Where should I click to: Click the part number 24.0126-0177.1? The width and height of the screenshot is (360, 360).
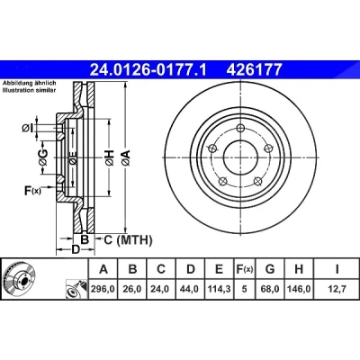(148, 69)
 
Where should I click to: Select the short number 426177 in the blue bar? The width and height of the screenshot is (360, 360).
(254, 69)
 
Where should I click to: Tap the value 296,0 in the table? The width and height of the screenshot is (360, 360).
(103, 289)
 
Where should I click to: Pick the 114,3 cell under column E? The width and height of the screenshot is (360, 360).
(220, 289)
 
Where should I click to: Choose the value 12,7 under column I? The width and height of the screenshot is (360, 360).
(337, 289)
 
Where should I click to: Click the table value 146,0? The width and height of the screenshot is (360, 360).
(299, 289)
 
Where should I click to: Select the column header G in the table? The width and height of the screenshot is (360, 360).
(270, 269)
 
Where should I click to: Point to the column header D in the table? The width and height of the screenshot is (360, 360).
(191, 269)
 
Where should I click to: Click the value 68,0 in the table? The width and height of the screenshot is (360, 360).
(270, 289)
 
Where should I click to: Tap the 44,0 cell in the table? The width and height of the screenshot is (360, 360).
(190, 289)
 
